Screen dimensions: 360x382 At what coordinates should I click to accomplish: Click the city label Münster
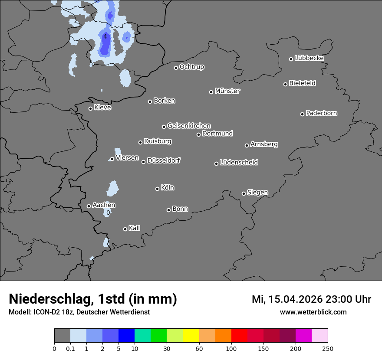[x=227, y=91]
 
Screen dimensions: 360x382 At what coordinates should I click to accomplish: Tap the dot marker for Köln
[x=157, y=189]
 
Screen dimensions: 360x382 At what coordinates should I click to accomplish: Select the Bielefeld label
[x=302, y=83]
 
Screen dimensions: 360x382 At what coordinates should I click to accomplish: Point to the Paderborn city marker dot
[x=302, y=114]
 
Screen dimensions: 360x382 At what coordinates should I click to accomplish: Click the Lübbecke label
[x=309, y=58]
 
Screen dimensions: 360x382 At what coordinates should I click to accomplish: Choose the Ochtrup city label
[x=192, y=67]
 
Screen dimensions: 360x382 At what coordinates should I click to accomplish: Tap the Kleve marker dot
[x=90, y=108]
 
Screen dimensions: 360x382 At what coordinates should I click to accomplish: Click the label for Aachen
[x=104, y=205]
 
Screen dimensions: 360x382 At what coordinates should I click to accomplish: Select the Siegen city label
[x=257, y=193]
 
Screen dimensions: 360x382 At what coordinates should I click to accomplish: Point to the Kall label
[x=135, y=228]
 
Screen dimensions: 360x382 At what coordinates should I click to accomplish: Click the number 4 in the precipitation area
[x=105, y=36]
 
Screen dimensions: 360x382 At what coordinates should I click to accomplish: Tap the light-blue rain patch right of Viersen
[x=118, y=151]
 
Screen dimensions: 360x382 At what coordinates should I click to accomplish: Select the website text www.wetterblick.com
[x=313, y=312]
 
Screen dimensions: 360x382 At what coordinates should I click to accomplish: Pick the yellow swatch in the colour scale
[x=191, y=336]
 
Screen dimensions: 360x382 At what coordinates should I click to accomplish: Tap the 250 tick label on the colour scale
[x=328, y=348]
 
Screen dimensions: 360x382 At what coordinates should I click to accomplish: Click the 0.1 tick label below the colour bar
[x=70, y=348]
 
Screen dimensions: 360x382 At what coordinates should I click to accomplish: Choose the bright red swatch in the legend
[x=239, y=336]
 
